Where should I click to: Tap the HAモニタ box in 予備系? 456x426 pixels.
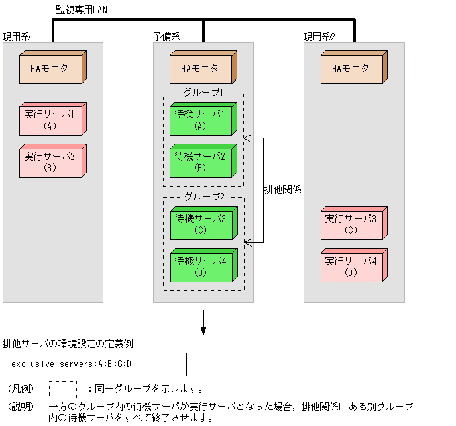(x=202, y=69)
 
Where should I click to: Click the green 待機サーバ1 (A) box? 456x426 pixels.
(x=202, y=120)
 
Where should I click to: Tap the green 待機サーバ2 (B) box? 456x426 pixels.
(x=202, y=161)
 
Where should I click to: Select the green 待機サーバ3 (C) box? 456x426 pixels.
(x=202, y=224)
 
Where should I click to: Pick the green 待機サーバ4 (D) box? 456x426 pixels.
(x=202, y=266)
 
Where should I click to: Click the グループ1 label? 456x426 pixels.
(x=203, y=93)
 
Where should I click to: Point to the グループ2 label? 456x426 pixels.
(x=203, y=197)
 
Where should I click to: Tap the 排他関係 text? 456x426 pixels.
(x=283, y=189)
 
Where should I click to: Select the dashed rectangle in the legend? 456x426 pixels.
(x=63, y=388)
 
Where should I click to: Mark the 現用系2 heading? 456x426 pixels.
(x=319, y=36)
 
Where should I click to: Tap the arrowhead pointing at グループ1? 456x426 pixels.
(x=247, y=138)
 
